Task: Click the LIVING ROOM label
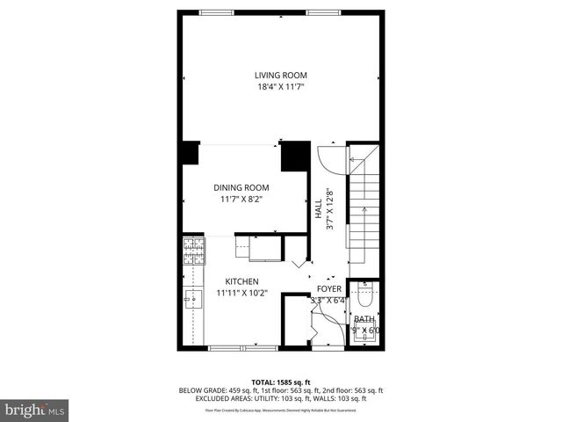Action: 280,75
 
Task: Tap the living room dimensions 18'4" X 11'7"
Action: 280,88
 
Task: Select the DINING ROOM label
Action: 241,187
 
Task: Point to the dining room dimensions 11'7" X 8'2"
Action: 241,200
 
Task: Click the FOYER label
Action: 329,287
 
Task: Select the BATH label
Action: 364,319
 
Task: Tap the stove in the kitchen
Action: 195,252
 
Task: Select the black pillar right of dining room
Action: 293,155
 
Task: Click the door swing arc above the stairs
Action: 329,158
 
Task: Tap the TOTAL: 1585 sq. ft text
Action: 280,382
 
